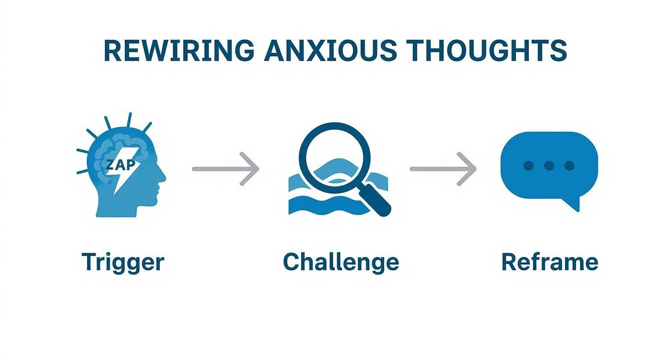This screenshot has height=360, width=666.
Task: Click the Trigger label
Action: coord(123,262)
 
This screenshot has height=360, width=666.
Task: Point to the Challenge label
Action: coord(341,262)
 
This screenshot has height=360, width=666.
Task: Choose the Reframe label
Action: coord(549,262)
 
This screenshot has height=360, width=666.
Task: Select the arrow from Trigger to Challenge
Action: coord(225,169)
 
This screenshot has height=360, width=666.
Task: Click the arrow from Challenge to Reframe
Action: coord(443,169)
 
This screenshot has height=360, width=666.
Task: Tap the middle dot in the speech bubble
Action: coord(549,166)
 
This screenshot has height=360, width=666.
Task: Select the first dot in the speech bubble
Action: coord(528,166)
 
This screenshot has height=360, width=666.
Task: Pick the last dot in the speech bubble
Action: coord(569,166)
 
